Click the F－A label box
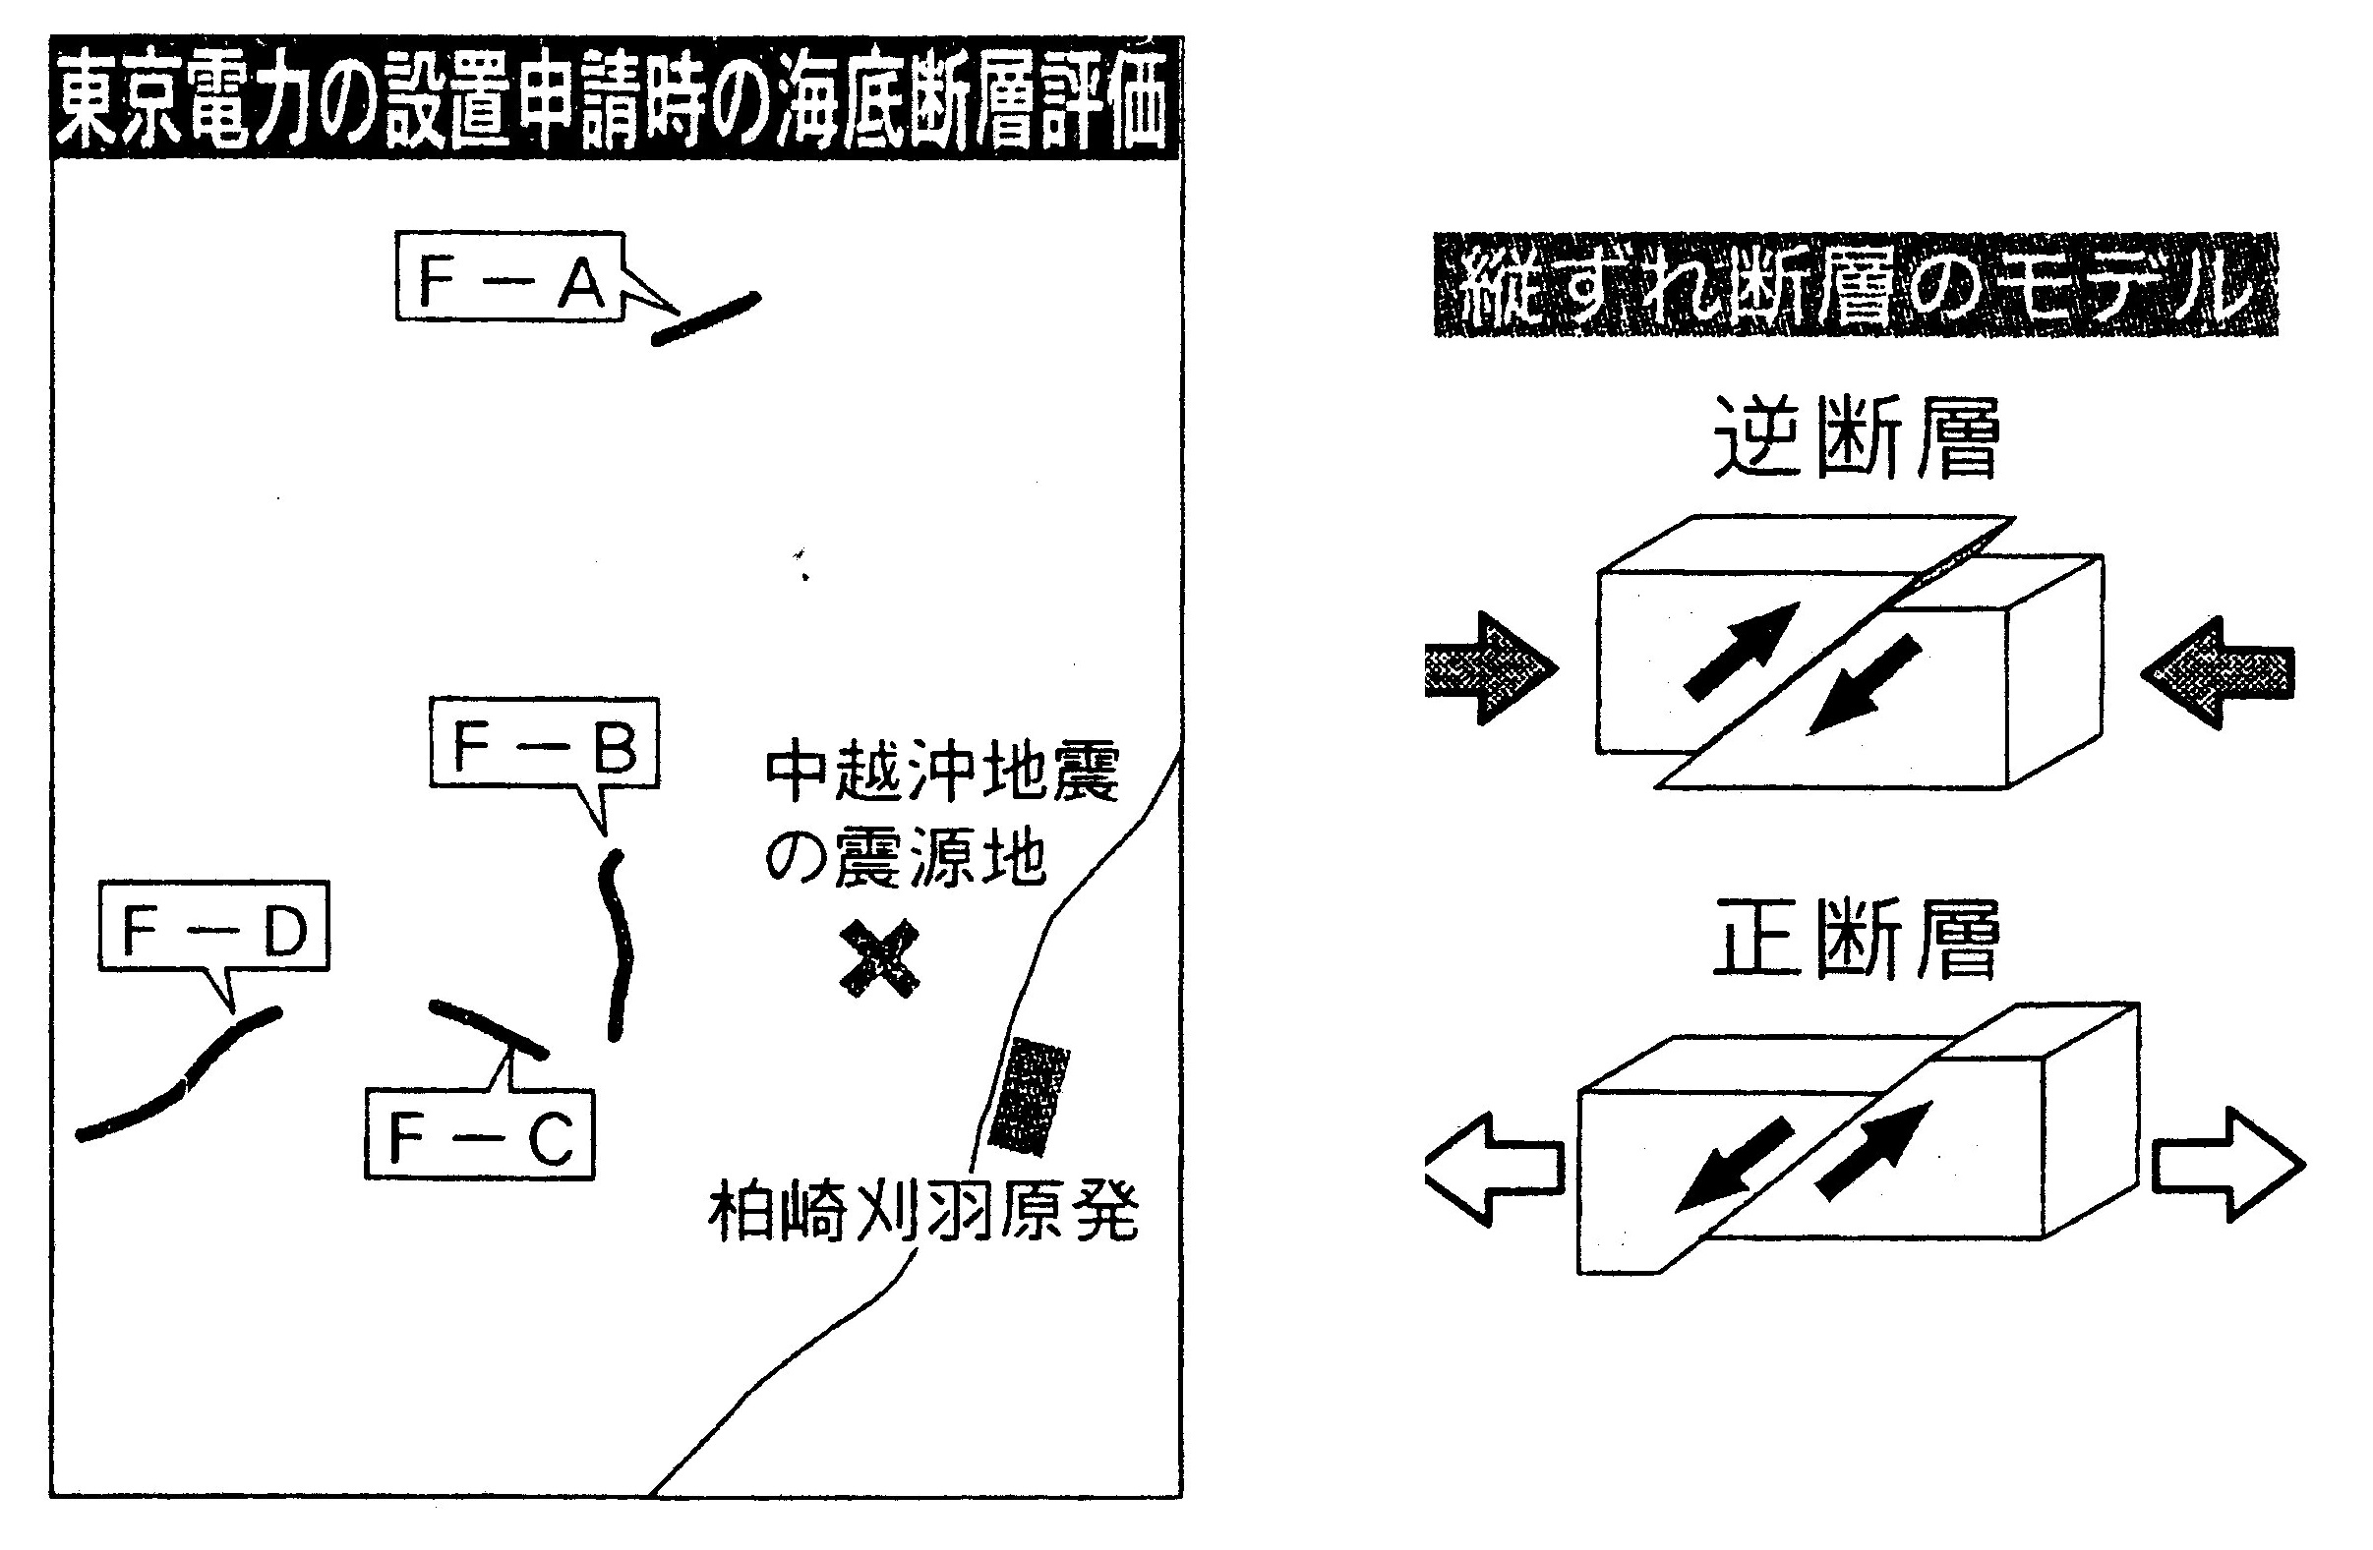pyautogui.click(x=510, y=277)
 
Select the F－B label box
pyautogui.click(x=545, y=744)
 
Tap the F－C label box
pyautogui.click(x=480, y=1135)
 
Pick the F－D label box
pyautogui.click(x=213, y=927)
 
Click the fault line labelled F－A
pyautogui.click(x=706, y=319)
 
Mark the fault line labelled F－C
pyautogui.click(x=488, y=1028)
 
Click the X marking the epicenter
pyautogui.click(x=878, y=959)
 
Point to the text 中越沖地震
pyautogui.click(x=942, y=773)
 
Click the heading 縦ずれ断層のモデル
pyautogui.click(x=1855, y=285)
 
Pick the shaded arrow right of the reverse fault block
pyautogui.click(x=2219, y=672)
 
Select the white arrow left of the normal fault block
pyautogui.click(x=1493, y=1168)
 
